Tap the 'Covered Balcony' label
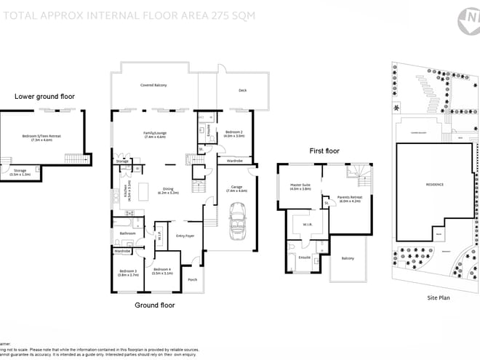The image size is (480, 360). (x=153, y=86)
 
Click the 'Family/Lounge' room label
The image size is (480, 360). (x=154, y=134)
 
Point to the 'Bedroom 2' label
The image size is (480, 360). (x=234, y=134)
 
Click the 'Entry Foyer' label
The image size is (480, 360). (x=185, y=236)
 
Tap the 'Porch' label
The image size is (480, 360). (x=193, y=279)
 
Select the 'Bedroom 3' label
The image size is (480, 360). (x=128, y=273)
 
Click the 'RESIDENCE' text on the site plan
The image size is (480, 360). (x=435, y=184)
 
